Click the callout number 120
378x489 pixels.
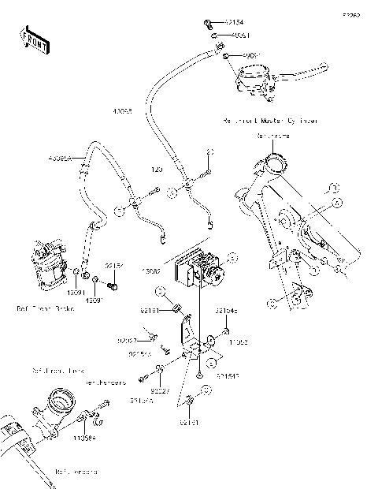click(x=157, y=170)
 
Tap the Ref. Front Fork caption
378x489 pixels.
click(x=58, y=370)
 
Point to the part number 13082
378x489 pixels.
click(x=152, y=271)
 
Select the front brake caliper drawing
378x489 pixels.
click(x=46, y=264)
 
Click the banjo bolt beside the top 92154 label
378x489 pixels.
click(x=206, y=24)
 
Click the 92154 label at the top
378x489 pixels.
click(x=234, y=24)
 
